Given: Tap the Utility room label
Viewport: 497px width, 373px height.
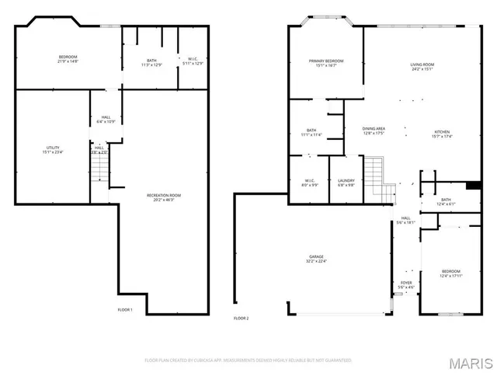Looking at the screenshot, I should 53,150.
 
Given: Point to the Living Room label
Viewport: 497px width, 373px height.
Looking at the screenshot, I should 422,67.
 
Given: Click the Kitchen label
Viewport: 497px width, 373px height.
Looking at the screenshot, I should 442,134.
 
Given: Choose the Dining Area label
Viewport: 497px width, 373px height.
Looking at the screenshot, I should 374,131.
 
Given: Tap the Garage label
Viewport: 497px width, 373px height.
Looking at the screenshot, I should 317,259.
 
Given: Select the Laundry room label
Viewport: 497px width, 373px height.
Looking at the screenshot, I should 346,183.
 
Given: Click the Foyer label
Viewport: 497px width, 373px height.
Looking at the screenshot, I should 406,285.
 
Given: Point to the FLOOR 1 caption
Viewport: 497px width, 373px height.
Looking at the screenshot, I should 125,310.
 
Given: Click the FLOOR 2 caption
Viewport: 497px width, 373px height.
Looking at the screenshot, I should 242,318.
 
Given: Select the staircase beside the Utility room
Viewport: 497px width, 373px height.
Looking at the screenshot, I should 99,170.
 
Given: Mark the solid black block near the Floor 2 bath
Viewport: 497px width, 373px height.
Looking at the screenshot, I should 471,185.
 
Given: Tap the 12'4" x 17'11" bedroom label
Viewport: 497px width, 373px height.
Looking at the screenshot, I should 451,274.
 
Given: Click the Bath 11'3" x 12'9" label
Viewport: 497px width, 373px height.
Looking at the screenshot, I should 151,62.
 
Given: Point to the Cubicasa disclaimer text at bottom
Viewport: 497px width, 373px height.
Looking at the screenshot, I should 248,360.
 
